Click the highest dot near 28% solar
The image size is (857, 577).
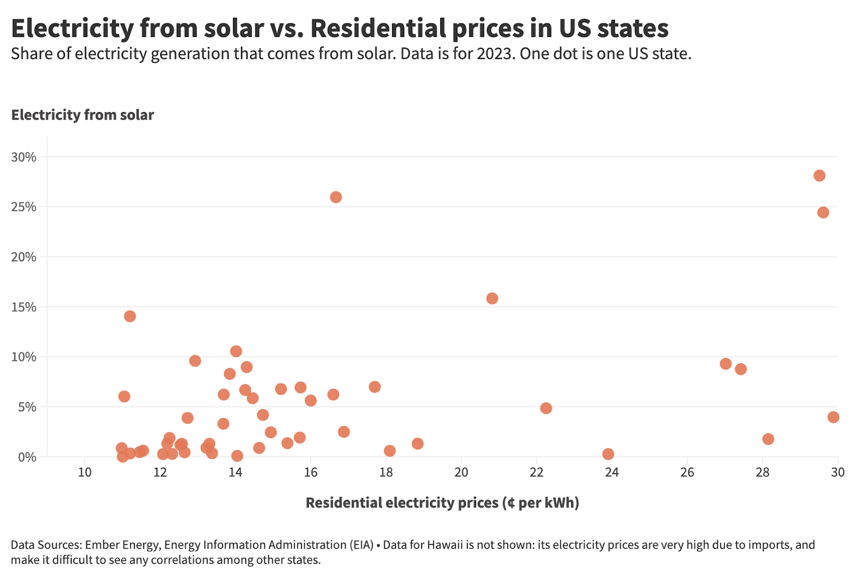tap(819, 176)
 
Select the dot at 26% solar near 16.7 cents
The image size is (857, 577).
tap(336, 197)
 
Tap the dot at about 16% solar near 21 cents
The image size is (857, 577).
tap(492, 298)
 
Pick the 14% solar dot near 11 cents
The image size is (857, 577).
tap(130, 316)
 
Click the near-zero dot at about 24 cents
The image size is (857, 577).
tap(608, 454)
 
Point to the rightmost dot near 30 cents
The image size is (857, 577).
tap(833, 417)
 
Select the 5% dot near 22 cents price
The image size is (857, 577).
tap(546, 408)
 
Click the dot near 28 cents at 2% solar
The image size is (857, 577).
tap(768, 439)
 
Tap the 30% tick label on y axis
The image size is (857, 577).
tap(24, 157)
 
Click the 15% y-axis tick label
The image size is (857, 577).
tap(24, 307)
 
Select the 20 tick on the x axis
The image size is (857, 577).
tap(461, 472)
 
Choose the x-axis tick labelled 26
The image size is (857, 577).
tap(687, 472)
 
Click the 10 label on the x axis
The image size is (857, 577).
tap(85, 472)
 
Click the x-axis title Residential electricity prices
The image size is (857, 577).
tap(442, 503)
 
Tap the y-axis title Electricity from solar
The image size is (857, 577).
tap(82, 115)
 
